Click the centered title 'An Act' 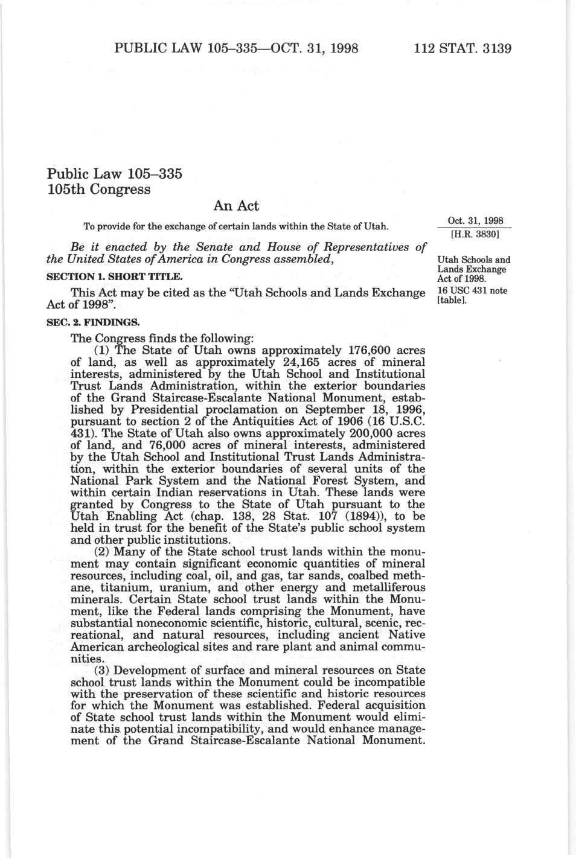tap(236, 206)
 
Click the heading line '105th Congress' tap(98, 189)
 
